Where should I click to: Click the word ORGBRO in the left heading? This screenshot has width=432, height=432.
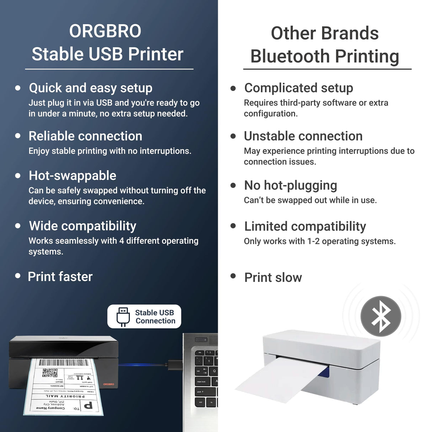pos(105,31)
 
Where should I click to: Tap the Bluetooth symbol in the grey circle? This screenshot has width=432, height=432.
pos(381,316)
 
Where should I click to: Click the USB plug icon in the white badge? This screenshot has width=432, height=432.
pos(123,316)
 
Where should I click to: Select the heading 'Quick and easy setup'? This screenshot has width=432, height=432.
pos(90,88)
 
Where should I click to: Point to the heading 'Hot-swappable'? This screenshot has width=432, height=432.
pos(72,176)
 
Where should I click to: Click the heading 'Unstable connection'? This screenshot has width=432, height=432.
pos(303,136)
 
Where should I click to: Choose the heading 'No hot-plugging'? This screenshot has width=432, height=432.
pos(290,185)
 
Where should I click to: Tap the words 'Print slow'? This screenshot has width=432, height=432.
pos(273,278)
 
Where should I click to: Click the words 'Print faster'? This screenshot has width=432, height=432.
pos(60,277)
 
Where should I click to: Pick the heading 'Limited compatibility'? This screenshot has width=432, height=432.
pos(305,226)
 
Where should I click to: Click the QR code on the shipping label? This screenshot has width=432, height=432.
pos(50,373)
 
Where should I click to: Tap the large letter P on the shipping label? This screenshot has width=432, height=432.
pos(88,405)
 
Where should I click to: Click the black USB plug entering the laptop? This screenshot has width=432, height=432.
pos(174,365)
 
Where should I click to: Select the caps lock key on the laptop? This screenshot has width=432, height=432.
pos(201,381)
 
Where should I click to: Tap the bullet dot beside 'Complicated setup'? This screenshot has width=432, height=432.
pos(233,88)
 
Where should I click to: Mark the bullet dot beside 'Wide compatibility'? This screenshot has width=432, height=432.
pos(18,226)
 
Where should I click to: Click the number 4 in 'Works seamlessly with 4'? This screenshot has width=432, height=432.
pos(121,241)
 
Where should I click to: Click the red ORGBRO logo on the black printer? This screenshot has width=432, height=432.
pos(109,384)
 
